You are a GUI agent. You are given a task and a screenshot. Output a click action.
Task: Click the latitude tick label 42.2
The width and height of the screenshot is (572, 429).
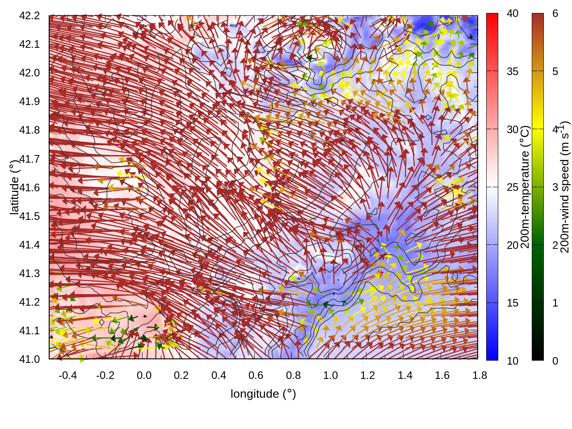29,16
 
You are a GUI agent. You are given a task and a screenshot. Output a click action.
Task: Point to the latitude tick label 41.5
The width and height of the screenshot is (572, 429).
29,216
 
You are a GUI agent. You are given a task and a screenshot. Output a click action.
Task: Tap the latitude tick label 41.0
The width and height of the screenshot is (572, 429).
29,359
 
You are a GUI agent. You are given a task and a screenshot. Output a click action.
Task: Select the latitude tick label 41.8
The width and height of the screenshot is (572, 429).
29,130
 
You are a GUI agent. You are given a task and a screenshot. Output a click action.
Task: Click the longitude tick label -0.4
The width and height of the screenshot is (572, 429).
67,375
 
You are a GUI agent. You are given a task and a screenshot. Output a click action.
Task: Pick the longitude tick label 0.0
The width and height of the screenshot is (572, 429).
144,375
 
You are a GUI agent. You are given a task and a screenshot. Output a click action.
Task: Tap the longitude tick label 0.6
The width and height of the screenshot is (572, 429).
256,375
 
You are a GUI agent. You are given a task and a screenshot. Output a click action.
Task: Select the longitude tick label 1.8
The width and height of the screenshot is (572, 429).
479,375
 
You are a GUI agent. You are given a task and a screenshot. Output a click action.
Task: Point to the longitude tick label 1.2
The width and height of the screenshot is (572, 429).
368,375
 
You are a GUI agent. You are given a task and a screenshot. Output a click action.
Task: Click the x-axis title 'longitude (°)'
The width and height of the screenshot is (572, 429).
263,394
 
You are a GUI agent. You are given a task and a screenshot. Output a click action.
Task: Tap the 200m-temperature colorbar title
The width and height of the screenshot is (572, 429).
526,187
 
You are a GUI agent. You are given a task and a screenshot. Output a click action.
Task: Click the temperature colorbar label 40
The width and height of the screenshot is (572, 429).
513,14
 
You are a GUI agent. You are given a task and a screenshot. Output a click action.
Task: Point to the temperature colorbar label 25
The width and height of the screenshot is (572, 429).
513,187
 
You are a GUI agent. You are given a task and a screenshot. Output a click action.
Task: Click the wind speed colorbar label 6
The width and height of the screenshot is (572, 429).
555,14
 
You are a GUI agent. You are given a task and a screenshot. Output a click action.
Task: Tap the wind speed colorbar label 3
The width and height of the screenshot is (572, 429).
555,187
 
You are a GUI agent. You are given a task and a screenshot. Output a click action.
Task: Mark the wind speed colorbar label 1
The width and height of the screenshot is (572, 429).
555,303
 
